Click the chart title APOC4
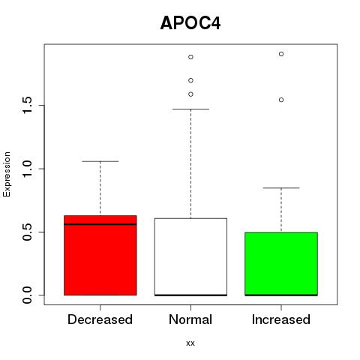[x=190, y=23]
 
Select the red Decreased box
[x=100, y=255]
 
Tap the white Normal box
[x=190, y=256]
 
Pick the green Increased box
[x=281, y=264]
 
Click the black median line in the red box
[x=100, y=224]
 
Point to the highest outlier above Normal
[x=190, y=57]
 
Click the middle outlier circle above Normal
[x=190, y=80]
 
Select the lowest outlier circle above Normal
[x=190, y=94]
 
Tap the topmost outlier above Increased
[x=281, y=54]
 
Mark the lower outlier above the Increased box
[x=281, y=100]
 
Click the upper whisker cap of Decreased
[x=100, y=161]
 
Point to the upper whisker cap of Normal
[x=190, y=109]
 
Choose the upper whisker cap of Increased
[x=281, y=187]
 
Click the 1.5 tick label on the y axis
[x=27, y=105]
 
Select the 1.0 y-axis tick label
[x=27, y=169]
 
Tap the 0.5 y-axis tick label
[x=27, y=232]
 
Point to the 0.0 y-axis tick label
[x=27, y=295]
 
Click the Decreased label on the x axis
[x=100, y=319]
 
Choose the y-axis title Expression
[x=7, y=174]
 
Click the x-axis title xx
[x=190, y=343]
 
